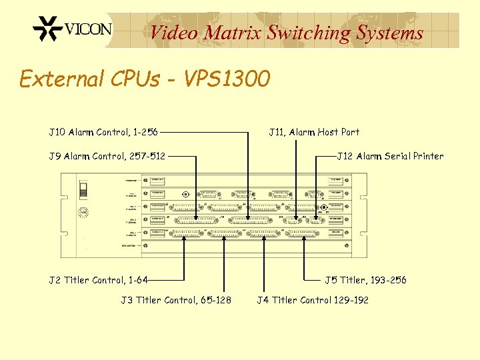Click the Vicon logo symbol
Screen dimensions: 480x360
point(47,30)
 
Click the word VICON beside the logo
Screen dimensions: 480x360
point(89,30)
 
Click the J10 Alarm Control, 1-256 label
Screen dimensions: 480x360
point(103,132)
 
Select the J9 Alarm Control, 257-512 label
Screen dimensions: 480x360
point(107,156)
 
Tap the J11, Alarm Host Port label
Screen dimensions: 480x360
point(314,132)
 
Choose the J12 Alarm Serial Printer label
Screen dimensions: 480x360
point(390,156)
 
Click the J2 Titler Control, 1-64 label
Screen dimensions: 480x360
point(99,280)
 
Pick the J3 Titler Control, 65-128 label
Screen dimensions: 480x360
point(176,300)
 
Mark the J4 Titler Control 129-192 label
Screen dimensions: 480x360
point(313,300)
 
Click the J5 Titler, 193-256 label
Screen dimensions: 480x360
point(365,280)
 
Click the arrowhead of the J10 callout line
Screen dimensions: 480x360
point(248,218)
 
